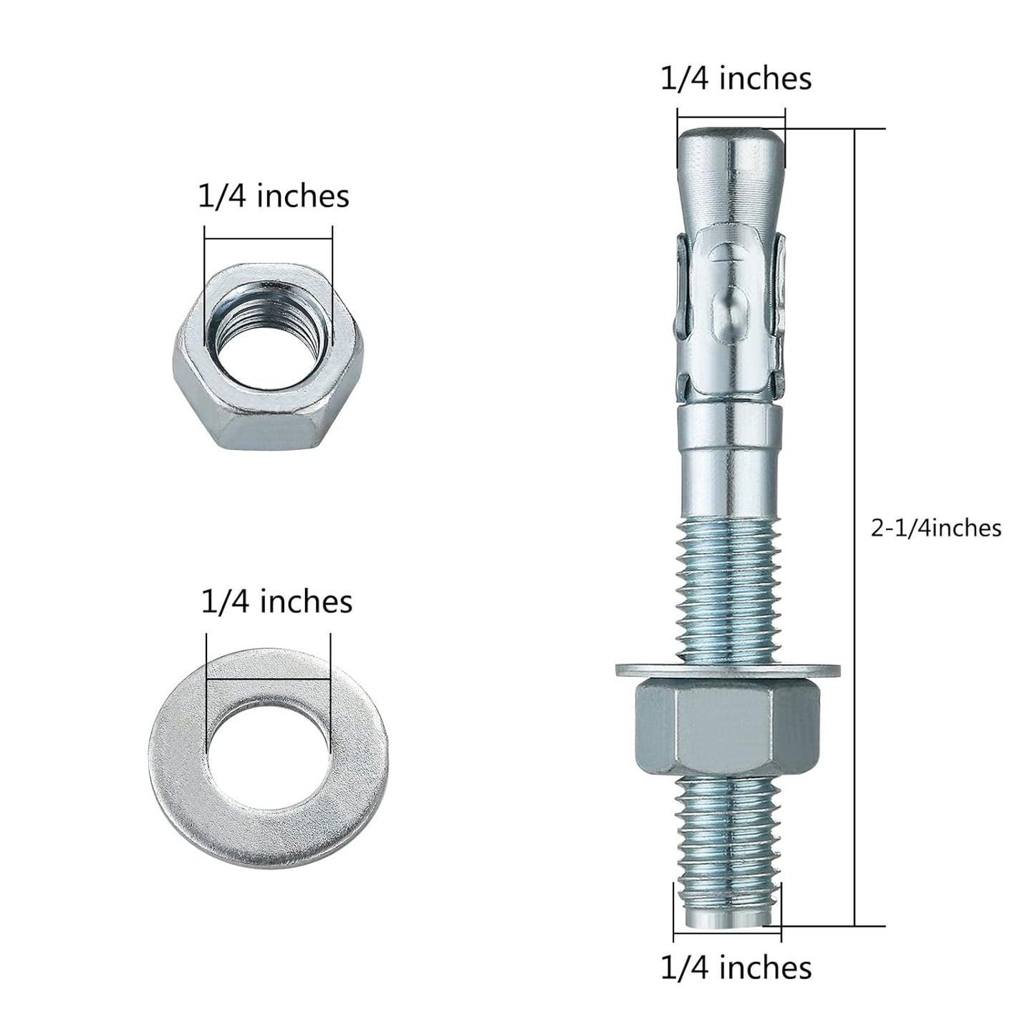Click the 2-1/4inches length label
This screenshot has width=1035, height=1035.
pyautogui.click(x=935, y=529)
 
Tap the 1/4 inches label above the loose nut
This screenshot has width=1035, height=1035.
pyautogui.click(x=274, y=196)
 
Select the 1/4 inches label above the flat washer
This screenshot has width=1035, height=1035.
pyautogui.click(x=276, y=602)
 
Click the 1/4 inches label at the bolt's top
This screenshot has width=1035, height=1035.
pyautogui.click(x=736, y=78)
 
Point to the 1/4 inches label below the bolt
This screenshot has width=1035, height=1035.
pyautogui.click(x=736, y=968)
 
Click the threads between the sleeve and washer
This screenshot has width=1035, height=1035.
pyautogui.click(x=728, y=587)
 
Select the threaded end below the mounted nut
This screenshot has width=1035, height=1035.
pyautogui.click(x=728, y=838)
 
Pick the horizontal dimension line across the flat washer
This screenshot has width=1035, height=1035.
pyautogui.click(x=269, y=680)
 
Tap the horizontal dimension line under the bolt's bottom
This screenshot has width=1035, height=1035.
pyautogui.click(x=728, y=935)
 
